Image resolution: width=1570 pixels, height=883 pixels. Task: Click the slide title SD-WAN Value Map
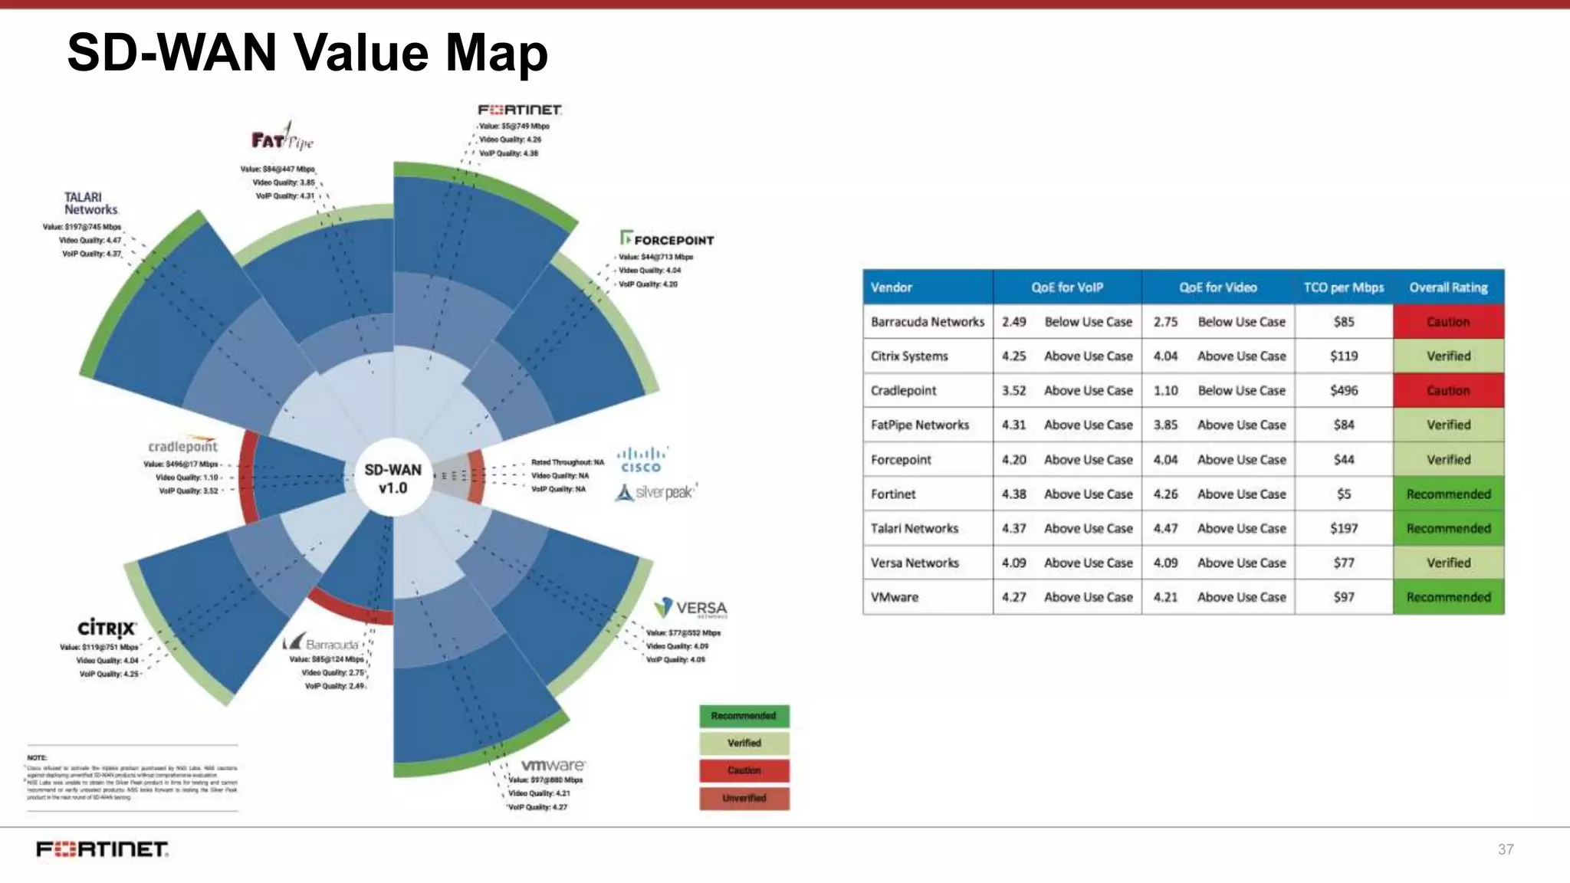coord(307,52)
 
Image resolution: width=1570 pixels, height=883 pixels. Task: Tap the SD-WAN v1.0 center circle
coord(392,479)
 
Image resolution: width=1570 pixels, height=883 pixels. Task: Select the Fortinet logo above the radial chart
coord(520,110)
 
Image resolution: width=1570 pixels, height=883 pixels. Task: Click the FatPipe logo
coord(281,139)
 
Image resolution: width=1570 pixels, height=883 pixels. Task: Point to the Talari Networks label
coord(90,203)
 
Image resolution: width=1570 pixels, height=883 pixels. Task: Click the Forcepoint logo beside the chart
coord(667,239)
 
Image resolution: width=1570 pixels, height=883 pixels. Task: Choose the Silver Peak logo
coord(656,492)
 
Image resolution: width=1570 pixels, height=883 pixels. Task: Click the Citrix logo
coord(107,629)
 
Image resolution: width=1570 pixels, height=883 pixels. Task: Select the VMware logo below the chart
coord(553,765)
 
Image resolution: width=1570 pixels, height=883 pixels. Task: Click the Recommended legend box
coord(744,716)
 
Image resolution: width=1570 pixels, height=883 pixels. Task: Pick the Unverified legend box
coord(744,798)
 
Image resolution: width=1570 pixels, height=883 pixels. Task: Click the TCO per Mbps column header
coord(1343,287)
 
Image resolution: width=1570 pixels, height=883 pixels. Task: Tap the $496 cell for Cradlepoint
coord(1343,390)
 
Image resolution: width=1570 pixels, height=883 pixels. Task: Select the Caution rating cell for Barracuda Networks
coord(1448,322)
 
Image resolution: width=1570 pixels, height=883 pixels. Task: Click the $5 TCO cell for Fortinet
coord(1343,494)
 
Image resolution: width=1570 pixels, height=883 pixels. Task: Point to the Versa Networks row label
coord(915,563)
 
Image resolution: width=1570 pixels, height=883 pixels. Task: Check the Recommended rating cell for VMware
coord(1448,597)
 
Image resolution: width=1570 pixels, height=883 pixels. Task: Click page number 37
coord(1505,849)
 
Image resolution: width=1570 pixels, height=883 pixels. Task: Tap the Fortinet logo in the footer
coord(102,849)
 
